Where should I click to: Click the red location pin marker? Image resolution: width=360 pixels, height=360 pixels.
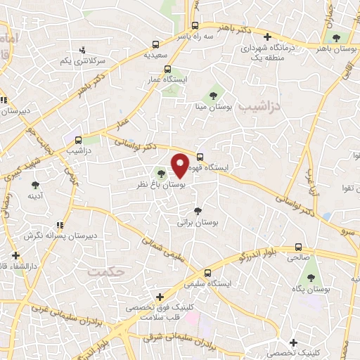180,166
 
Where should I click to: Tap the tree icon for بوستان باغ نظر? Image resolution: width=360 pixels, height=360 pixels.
162,173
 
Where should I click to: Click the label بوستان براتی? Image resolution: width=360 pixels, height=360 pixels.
198,221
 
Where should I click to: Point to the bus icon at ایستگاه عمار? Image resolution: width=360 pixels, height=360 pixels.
167,69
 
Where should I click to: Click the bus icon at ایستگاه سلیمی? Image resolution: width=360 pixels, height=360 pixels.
207,274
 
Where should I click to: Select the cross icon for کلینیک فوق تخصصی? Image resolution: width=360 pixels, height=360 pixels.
160,297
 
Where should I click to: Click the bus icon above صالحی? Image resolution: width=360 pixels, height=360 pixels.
299,247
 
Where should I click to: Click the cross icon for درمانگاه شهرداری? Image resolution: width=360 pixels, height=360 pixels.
266,37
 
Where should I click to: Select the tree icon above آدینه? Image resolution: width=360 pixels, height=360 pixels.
35,186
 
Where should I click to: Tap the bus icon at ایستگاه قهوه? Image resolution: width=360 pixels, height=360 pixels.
200,157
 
